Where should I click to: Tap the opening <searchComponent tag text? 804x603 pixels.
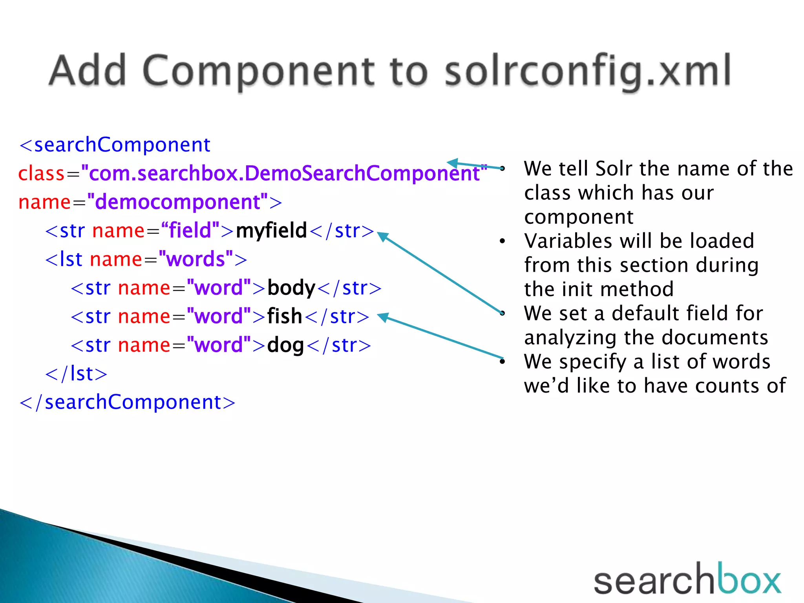(115, 145)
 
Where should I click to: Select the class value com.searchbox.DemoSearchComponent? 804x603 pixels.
(284, 174)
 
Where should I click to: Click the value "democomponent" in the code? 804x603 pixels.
(177, 202)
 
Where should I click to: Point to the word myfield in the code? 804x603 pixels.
(271, 230)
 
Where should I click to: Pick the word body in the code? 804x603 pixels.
(291, 288)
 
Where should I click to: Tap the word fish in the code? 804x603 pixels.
(284, 316)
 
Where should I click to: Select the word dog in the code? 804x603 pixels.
(285, 345)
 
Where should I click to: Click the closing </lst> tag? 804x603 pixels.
(76, 374)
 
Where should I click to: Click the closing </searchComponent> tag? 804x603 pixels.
(127, 402)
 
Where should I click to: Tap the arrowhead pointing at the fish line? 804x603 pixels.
(382, 317)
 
